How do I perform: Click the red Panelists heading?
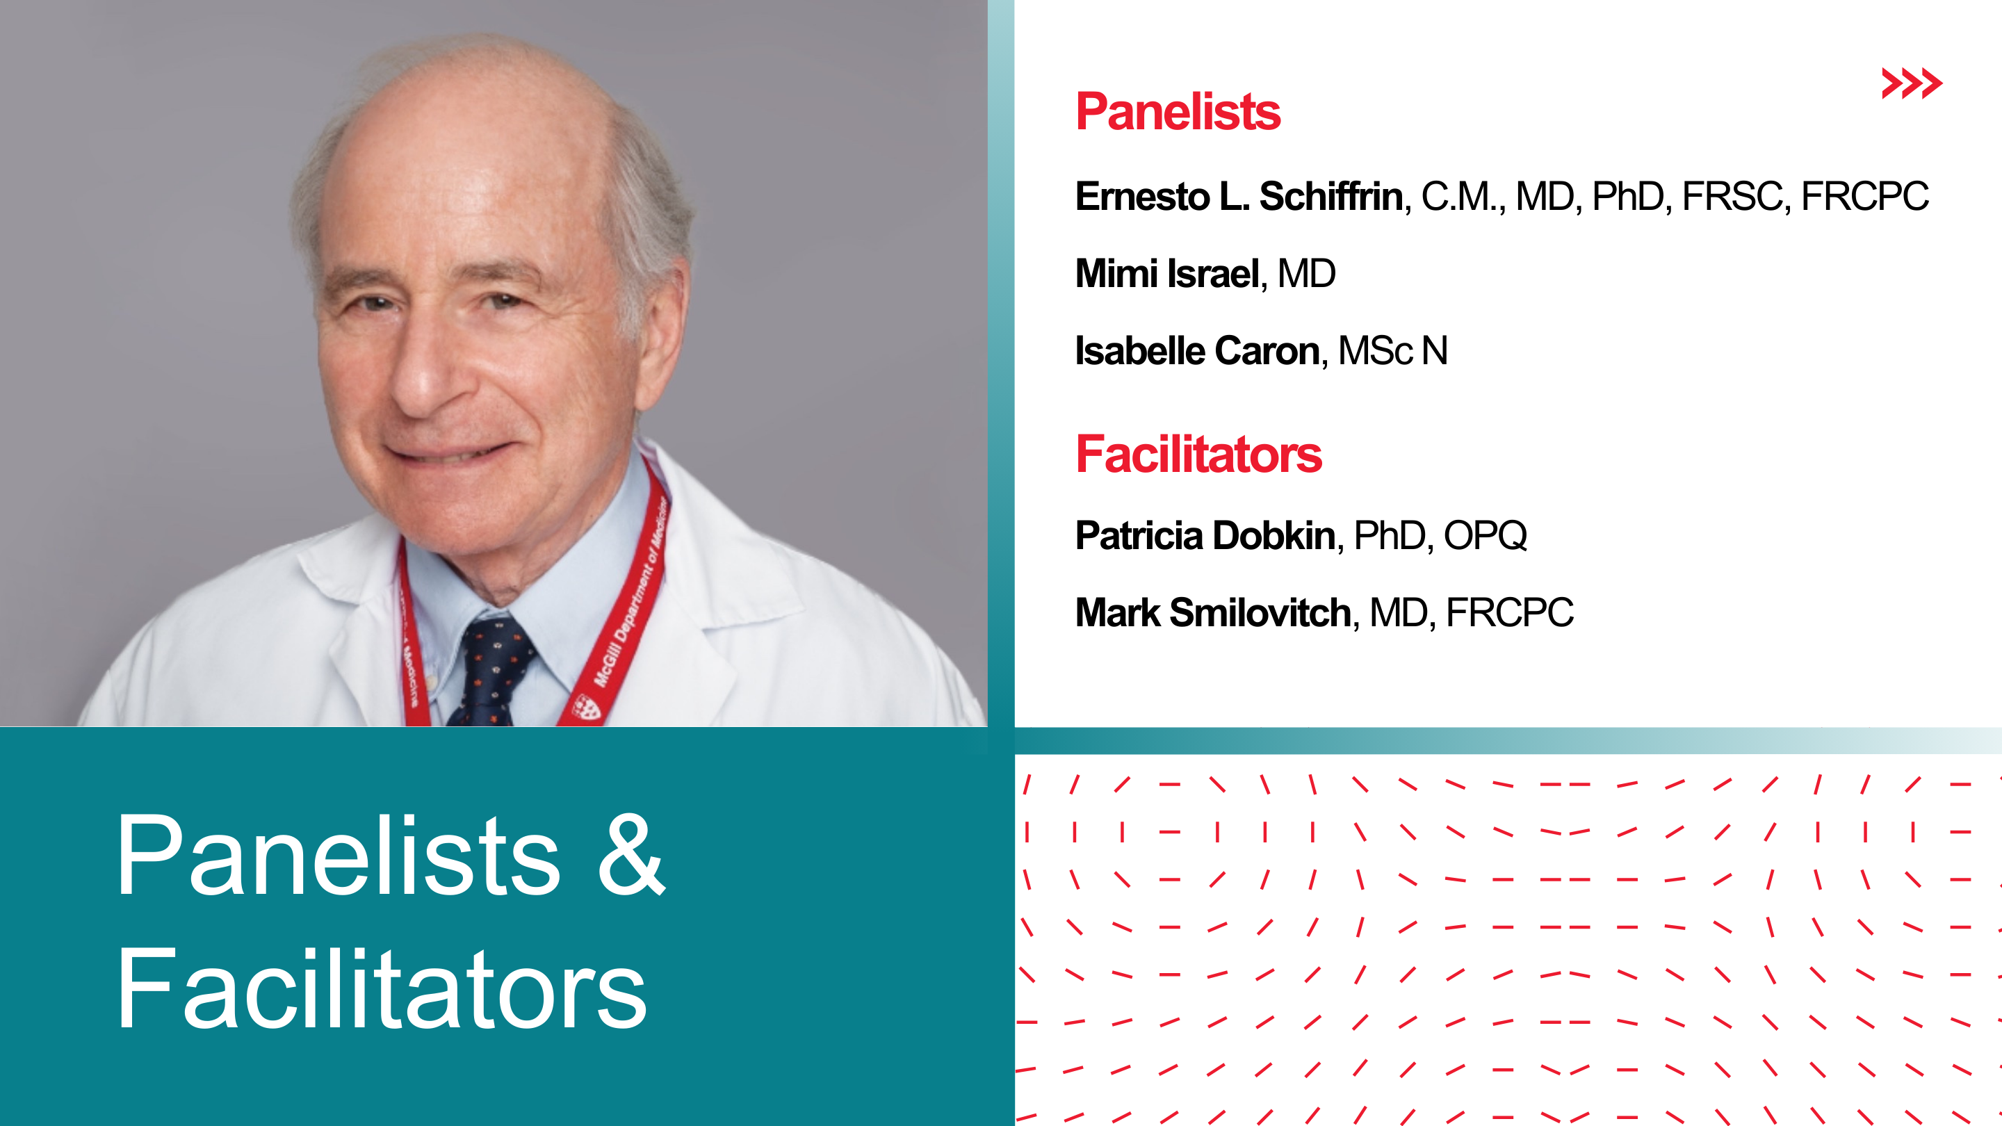[1178, 111]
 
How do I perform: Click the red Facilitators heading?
[1198, 455]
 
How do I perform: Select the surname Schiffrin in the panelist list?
[1330, 196]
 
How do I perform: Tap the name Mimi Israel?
[1166, 274]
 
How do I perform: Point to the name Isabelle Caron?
[1198, 350]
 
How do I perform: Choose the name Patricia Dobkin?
[1205, 535]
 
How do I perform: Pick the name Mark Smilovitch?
[1213, 612]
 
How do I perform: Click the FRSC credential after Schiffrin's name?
[1732, 196]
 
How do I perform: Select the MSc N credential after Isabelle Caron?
[1392, 350]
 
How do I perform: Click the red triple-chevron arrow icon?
[1911, 83]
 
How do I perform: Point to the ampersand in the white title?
[630, 855]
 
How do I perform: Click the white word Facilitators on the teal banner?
[382, 989]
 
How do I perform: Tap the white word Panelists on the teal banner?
[337, 855]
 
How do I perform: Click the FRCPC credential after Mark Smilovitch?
[1509, 612]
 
